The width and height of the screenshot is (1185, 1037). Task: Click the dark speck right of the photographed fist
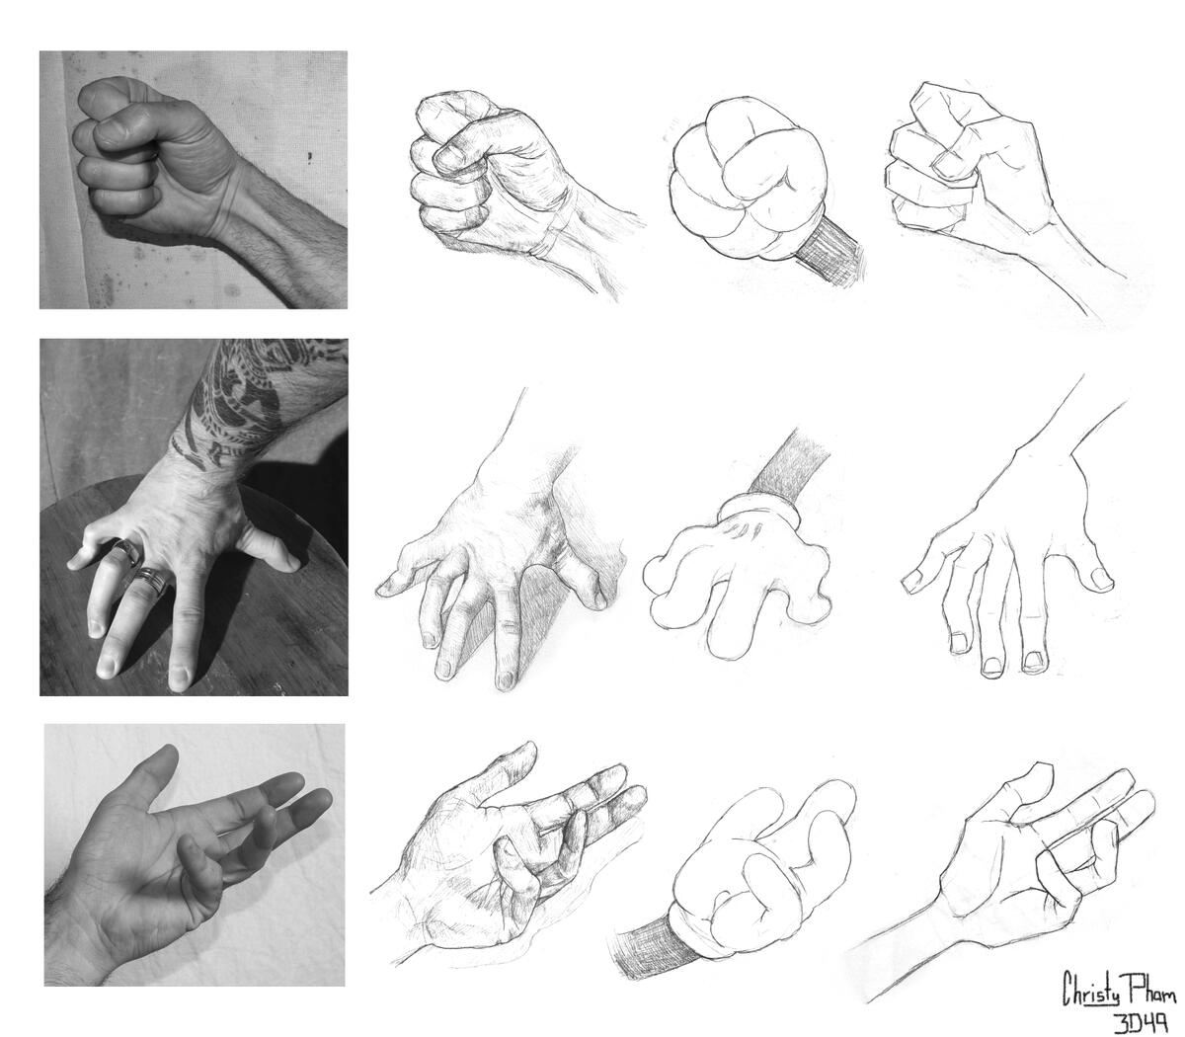point(309,156)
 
